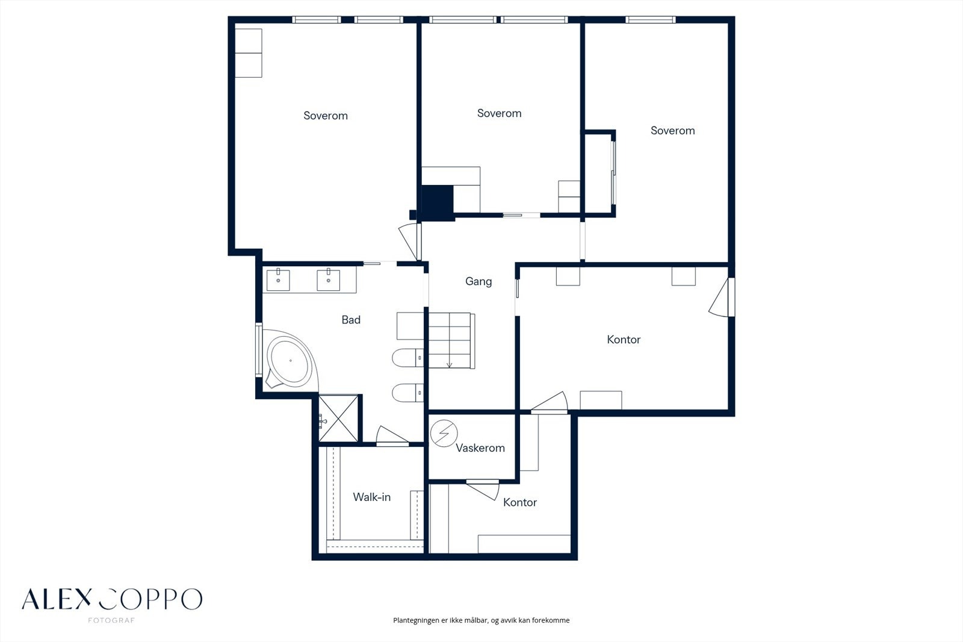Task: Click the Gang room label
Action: tap(478, 282)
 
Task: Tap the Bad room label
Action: tap(351, 320)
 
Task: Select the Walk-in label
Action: tap(372, 497)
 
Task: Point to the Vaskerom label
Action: tap(480, 448)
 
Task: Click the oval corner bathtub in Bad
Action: tap(290, 361)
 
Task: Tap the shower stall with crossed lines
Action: tap(338, 419)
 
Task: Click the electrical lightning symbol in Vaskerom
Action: tap(444, 433)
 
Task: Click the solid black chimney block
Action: tap(437, 203)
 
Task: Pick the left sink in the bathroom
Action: tap(278, 280)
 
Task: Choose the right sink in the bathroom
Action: tap(329, 280)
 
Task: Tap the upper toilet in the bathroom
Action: tap(407, 358)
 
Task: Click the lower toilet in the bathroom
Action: tap(407, 393)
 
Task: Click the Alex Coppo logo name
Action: tap(112, 599)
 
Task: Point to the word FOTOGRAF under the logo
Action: tap(111, 620)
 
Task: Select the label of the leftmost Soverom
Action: tap(326, 116)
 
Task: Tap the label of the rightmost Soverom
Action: tap(672, 131)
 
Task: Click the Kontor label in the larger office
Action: tap(624, 340)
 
